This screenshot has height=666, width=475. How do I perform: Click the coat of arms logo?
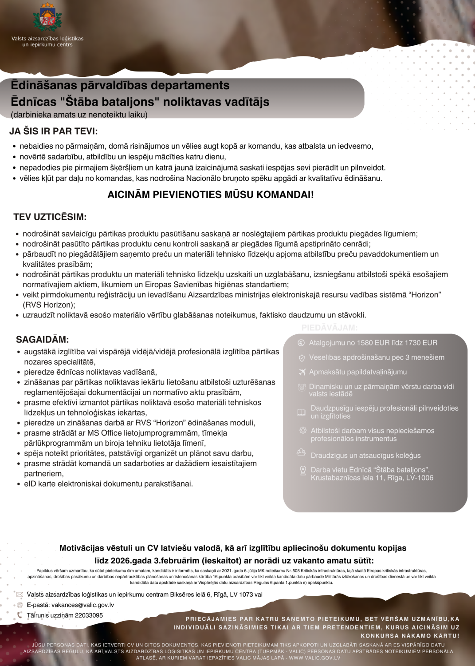click(x=47, y=18)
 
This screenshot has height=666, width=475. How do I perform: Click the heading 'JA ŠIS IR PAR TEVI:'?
click(x=54, y=131)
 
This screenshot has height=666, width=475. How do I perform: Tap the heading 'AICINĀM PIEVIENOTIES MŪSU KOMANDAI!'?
click(x=211, y=194)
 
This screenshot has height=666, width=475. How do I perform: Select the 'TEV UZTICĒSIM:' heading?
click(x=50, y=217)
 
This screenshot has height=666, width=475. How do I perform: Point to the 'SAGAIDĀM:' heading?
click(x=43, y=340)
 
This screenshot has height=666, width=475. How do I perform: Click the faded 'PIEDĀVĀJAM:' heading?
click(x=330, y=328)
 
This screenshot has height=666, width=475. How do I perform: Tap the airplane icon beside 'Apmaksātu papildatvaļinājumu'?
click(x=302, y=372)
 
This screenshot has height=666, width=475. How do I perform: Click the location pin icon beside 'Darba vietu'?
click(x=303, y=471)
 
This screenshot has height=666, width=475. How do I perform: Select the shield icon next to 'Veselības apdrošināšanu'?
click(x=302, y=358)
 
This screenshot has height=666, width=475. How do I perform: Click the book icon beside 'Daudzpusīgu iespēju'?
click(x=301, y=412)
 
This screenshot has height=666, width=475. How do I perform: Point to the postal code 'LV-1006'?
click(x=420, y=478)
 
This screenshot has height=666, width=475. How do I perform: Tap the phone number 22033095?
click(x=89, y=615)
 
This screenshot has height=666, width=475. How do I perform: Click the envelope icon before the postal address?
click(x=20, y=595)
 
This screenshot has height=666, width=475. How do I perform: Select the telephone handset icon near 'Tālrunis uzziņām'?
click(x=20, y=615)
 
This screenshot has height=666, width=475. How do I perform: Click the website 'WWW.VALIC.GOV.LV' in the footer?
click(x=314, y=658)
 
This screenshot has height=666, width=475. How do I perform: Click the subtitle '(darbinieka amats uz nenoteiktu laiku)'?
click(x=79, y=115)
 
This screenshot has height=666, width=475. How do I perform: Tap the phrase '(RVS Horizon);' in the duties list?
click(x=49, y=305)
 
